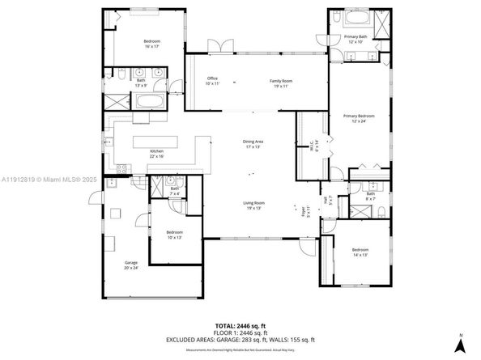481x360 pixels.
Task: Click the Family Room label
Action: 281,82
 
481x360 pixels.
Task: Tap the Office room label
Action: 212,81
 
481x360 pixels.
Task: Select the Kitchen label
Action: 156,154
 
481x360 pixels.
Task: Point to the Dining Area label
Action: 253,144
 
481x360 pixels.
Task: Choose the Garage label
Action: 131,265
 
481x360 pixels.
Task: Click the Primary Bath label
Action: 355,38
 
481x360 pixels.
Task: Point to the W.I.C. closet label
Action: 305,144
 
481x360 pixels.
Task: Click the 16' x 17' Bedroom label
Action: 152,44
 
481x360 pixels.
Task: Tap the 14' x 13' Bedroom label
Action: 360,252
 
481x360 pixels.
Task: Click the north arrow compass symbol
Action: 459,343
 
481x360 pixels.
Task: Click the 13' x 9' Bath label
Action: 141,82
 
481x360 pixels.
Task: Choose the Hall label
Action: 325,200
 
